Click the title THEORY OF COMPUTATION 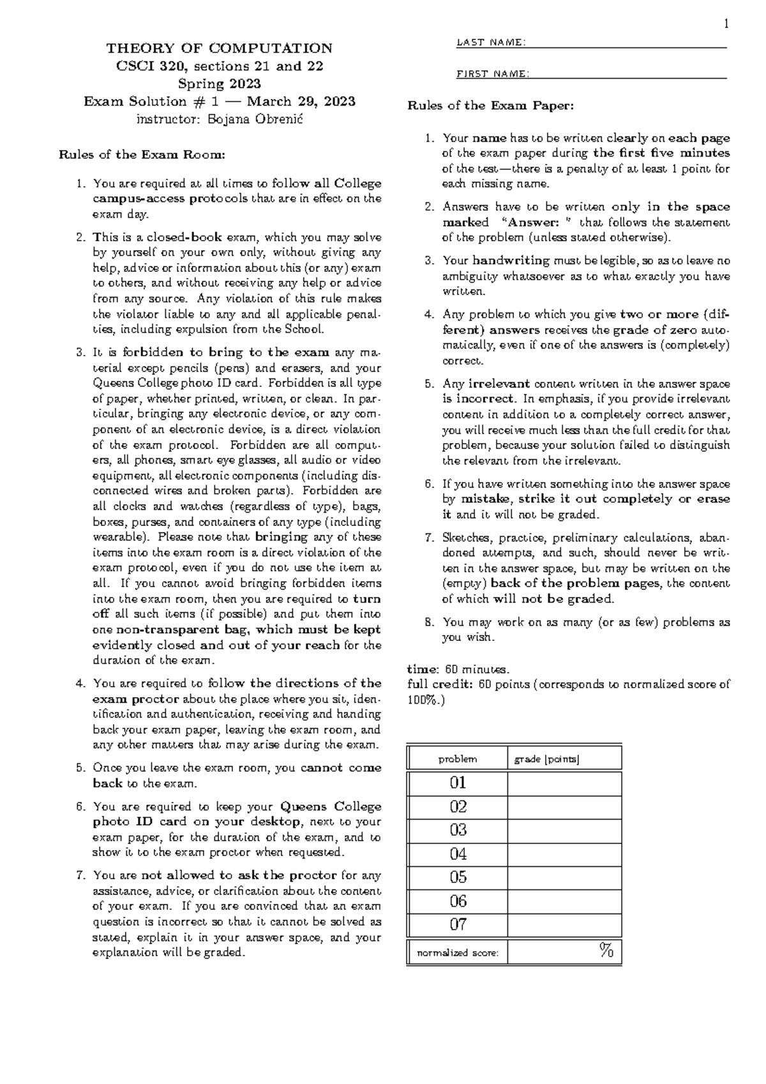219,49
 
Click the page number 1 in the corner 725,24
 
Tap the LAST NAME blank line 626,46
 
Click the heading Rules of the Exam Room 142,154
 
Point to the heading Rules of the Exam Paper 490,105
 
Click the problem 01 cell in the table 458,783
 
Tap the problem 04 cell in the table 458,854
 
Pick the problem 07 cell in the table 458,924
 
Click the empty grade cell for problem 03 564,830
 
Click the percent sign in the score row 606,951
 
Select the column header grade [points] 546,759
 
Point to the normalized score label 457,953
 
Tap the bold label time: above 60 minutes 423,670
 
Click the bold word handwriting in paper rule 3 511,260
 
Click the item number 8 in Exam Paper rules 429,622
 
